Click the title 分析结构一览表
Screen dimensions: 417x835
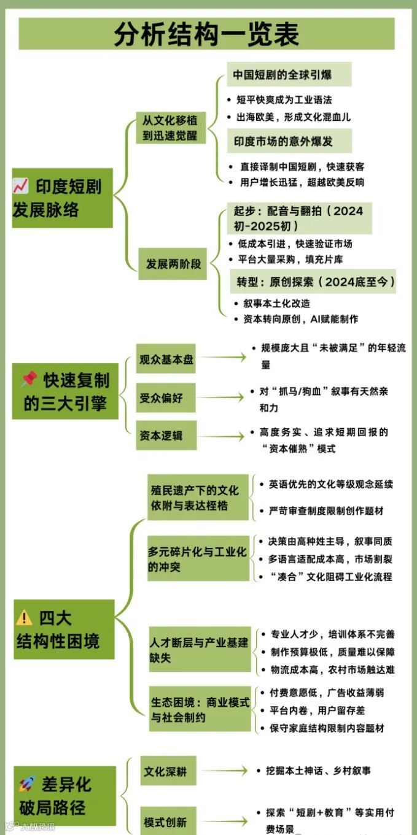[206, 34]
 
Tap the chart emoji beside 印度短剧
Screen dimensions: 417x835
[21, 187]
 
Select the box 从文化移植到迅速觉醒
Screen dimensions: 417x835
[170, 128]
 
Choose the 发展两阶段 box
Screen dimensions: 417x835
[173, 264]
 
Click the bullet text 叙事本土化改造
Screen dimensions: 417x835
[276, 303]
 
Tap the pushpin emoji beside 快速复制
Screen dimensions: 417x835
[29, 380]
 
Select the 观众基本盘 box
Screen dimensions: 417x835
[166, 360]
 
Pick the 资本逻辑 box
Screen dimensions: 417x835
[166, 436]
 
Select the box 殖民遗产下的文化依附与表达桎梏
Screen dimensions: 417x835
[198, 498]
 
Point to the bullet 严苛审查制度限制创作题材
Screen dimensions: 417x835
[326, 510]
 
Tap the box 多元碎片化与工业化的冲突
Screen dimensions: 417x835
[198, 559]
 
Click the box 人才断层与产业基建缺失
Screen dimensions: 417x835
[200, 650]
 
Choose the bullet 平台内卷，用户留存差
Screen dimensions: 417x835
[318, 710]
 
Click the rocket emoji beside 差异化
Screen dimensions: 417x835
[27, 783]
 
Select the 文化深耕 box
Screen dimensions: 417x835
[166, 771]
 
